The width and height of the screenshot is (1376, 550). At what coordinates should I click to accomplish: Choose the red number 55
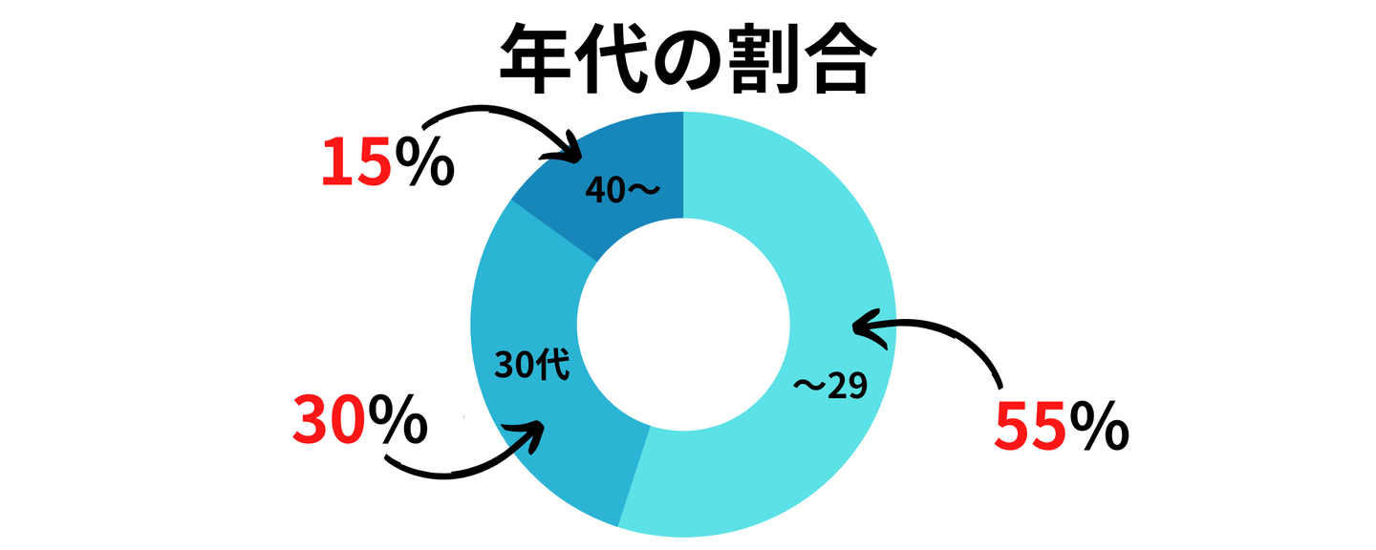click(x=1029, y=426)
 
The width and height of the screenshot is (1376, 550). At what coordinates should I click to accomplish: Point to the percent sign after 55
click(x=1099, y=426)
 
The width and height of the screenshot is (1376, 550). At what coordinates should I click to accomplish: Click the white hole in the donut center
click(x=683, y=325)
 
